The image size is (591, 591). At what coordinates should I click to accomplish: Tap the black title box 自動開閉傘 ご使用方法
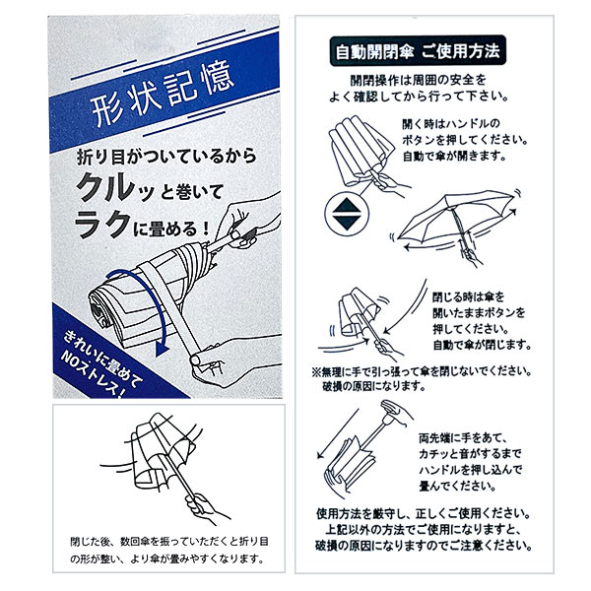[x=418, y=51]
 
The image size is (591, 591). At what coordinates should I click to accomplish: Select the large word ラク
[x=102, y=224]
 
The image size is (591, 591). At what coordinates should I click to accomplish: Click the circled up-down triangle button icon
[x=346, y=214]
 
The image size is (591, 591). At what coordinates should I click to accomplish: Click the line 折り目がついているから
[x=166, y=157]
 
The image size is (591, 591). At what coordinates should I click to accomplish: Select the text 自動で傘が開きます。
[x=454, y=156]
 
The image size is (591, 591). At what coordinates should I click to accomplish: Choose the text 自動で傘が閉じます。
[x=482, y=345]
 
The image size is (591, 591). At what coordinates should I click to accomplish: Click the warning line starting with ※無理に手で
[x=422, y=372]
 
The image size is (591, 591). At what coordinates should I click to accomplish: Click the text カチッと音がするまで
[x=470, y=454]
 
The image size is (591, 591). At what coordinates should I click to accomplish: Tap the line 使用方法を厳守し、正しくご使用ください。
[x=424, y=513]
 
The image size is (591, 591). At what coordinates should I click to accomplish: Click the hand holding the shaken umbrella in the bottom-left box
[x=206, y=509]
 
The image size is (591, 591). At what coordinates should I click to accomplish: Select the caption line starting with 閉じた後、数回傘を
[x=169, y=542]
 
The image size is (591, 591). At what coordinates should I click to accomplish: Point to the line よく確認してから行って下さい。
[x=419, y=97]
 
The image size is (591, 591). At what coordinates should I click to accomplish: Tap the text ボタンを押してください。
[x=464, y=140]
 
